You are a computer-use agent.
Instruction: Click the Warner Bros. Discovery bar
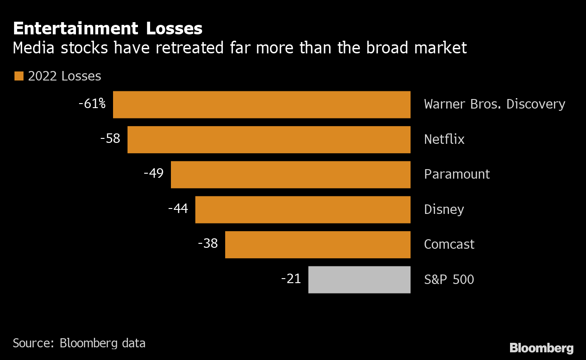pos(261,104)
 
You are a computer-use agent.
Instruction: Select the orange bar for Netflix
pos(269,140)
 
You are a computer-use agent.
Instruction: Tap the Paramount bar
pos(290,175)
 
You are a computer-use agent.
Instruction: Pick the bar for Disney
pos(302,209)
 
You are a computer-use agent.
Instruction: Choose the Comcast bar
pos(317,245)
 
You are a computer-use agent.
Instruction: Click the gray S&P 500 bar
pos(359,279)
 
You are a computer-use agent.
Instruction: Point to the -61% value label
pos(92,104)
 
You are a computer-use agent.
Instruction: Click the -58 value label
pos(110,138)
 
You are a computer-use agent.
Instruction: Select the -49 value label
pos(153,173)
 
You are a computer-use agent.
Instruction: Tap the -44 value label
pos(178,208)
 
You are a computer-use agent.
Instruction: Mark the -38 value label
pos(208,243)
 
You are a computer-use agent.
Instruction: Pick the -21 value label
pos(291,279)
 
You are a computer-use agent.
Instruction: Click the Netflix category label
pos(444,139)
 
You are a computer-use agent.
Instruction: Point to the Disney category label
pos(444,209)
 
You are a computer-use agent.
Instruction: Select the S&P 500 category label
pos(449,279)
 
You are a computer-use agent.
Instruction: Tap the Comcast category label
pos(449,244)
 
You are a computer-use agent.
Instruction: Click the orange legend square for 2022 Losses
pos(19,76)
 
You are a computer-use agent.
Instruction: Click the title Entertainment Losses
pos(108,28)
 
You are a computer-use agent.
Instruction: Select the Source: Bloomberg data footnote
pos(79,343)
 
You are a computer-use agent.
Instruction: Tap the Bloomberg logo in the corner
pos(541,348)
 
